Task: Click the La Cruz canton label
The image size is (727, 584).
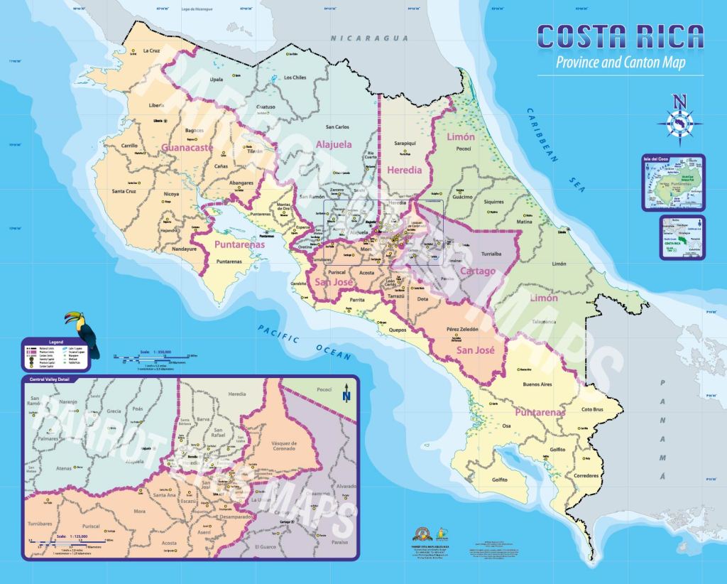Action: (152, 50)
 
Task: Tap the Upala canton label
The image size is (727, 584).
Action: (217, 80)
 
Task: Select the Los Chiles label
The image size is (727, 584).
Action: (295, 77)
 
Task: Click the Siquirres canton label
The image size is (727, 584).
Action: (493, 202)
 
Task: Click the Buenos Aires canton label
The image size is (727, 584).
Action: (537, 385)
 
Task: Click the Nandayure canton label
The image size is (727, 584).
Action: (183, 249)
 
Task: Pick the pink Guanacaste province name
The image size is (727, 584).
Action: (187, 148)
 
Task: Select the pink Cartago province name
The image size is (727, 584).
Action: (476, 271)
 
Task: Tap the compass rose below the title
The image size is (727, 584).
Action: (679, 121)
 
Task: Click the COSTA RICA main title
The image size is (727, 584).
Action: (620, 37)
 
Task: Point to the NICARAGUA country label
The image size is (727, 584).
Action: (373, 38)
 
